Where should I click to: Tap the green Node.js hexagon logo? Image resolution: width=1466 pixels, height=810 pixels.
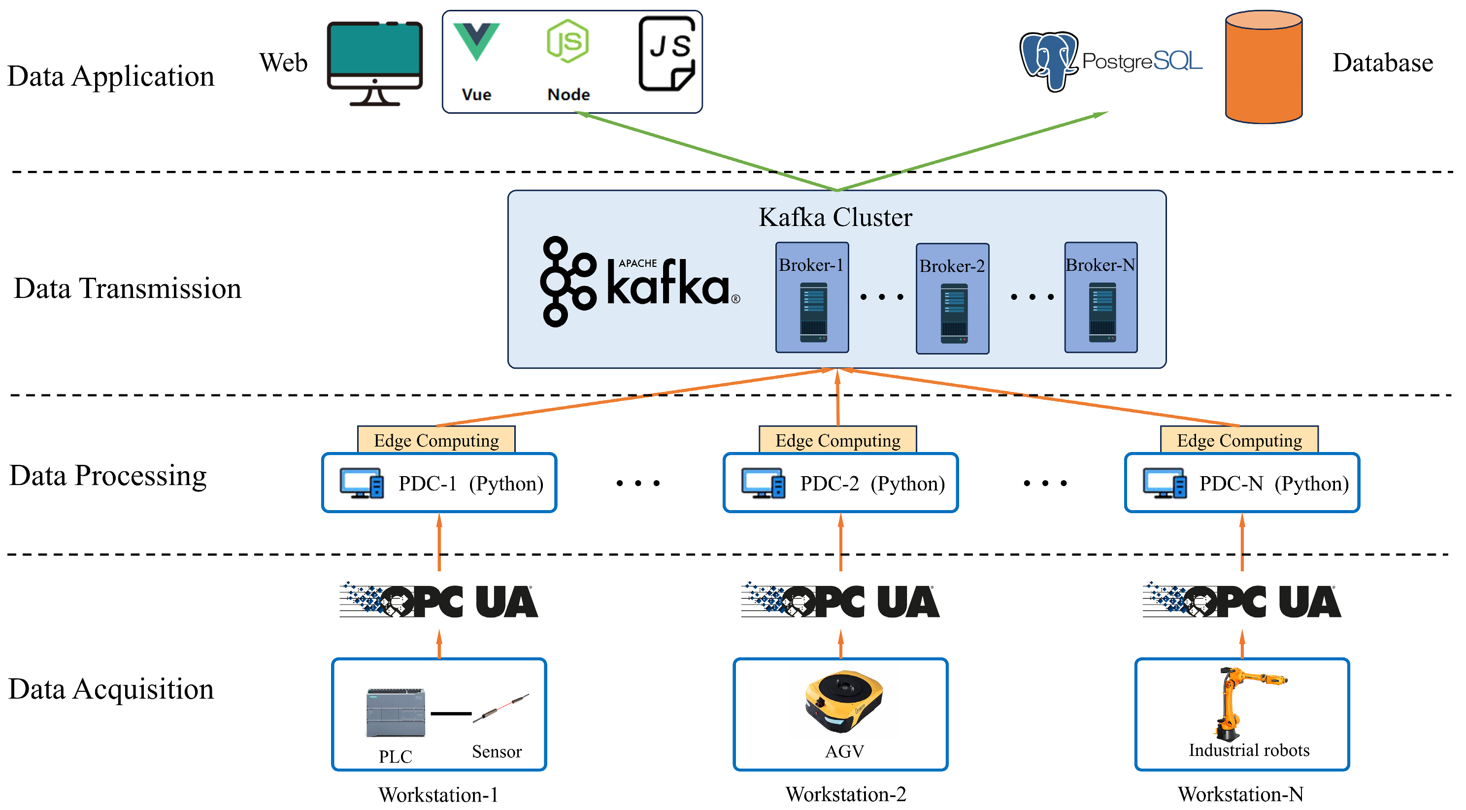click(567, 41)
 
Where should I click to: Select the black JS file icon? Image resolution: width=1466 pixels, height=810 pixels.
click(667, 54)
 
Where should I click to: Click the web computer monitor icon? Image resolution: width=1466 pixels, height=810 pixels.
click(374, 63)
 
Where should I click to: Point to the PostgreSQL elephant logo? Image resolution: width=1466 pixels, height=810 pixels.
click(1048, 60)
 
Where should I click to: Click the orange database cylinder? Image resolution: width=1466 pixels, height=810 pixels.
click(1264, 67)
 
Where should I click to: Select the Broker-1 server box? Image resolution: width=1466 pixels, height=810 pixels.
click(812, 297)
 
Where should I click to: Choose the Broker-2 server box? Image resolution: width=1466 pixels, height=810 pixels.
click(952, 298)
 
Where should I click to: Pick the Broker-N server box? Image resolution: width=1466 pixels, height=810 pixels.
click(1100, 297)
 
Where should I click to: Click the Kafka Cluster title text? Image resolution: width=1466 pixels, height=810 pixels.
click(835, 217)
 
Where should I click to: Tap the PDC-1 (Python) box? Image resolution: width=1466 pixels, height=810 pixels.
click(439, 483)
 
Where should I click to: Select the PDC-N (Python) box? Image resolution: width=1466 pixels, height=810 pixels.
click(1242, 483)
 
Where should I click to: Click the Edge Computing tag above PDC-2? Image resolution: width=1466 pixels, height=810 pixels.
click(838, 440)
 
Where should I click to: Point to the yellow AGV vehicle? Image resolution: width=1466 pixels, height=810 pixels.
click(843, 701)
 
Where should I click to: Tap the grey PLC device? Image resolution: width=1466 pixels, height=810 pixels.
click(396, 713)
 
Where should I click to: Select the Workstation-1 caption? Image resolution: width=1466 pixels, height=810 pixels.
click(438, 794)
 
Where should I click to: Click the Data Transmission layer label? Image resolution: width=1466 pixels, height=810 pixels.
click(128, 289)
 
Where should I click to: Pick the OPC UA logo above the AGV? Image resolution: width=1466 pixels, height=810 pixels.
click(840, 601)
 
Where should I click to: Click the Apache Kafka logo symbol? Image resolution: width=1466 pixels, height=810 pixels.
click(568, 282)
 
